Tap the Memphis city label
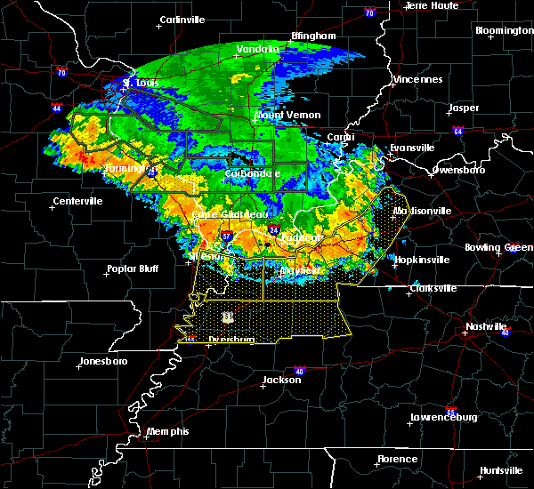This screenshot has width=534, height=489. point(168,431)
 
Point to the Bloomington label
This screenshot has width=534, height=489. point(504,30)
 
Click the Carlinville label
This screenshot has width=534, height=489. point(182,20)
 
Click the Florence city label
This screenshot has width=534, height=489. point(396,459)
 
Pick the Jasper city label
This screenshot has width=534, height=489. point(463,108)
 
